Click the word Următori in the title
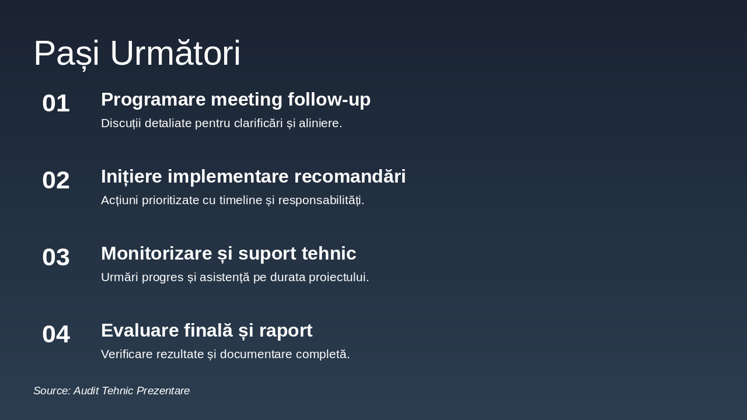(x=175, y=52)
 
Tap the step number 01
(x=56, y=103)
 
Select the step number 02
(x=56, y=180)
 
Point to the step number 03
(x=56, y=257)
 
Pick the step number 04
(x=56, y=334)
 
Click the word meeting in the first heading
(x=246, y=100)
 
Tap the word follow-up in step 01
(x=329, y=100)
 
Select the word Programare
(x=153, y=100)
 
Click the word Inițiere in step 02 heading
(x=131, y=176)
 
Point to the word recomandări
(x=350, y=176)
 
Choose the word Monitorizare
(x=156, y=253)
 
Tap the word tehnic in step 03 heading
(x=329, y=253)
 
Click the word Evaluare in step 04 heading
(x=139, y=330)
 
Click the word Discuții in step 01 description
(x=121, y=123)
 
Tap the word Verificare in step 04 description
(x=127, y=354)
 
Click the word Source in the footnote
(x=52, y=391)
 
